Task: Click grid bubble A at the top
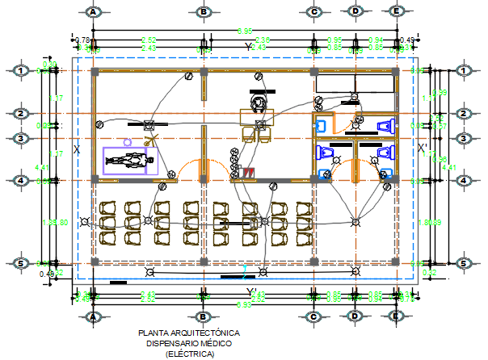pos(94,12)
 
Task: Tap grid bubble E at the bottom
pos(397,316)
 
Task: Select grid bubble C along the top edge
pos(314,12)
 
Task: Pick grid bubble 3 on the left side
pos(19,138)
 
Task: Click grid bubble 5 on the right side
pos(464,263)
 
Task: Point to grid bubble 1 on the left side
pos(19,71)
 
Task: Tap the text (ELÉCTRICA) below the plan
pos(190,354)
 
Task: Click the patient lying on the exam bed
pos(129,161)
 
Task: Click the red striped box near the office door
pos(250,172)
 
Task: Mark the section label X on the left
pos(77,149)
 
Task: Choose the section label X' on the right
pos(422,148)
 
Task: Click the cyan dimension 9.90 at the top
pos(244,31)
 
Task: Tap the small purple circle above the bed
pos(126,140)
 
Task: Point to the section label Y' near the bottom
pos(252,292)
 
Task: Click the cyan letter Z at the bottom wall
pos(245,269)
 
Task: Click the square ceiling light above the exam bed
pos(148,125)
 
